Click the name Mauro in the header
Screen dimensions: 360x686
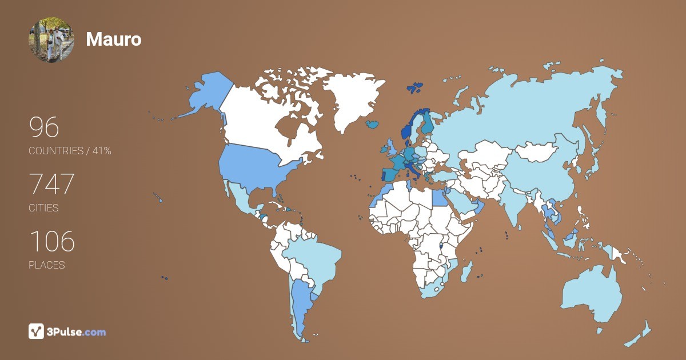pyautogui.click(x=113, y=39)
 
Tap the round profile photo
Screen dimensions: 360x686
pyautogui.click(x=51, y=39)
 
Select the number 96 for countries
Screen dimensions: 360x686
pyautogui.click(x=44, y=127)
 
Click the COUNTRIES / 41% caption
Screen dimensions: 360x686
pyautogui.click(x=70, y=151)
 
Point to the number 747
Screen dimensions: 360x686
pyautogui.click(x=51, y=185)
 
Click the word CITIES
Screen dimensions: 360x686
pyautogui.click(x=43, y=208)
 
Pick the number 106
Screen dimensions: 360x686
pyautogui.click(x=51, y=242)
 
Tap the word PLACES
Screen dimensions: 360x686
pyautogui.click(x=46, y=265)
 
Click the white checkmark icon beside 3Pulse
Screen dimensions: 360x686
pyautogui.click(x=36, y=331)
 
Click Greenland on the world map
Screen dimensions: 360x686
pyautogui.click(x=349, y=100)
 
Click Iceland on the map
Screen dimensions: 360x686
pyautogui.click(x=373, y=123)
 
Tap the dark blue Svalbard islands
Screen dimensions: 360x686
pyautogui.click(x=415, y=87)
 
